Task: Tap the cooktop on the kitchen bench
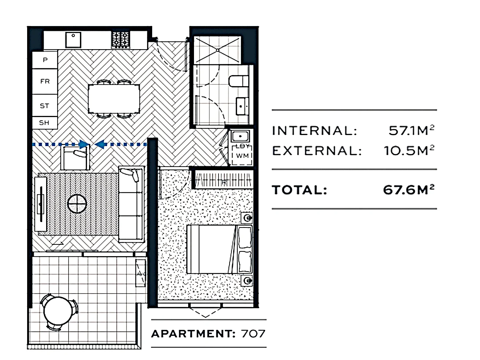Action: tap(121, 39)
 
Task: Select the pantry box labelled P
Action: tap(45, 59)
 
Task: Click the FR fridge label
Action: tap(45, 81)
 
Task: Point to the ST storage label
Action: tap(45, 106)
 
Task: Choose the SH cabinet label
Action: tap(44, 123)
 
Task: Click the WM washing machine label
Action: tap(242, 156)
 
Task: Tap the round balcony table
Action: tap(59, 312)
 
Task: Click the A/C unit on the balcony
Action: tap(140, 273)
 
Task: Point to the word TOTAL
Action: tap(299, 190)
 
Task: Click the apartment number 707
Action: tap(253, 334)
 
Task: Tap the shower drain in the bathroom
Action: tap(217, 49)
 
